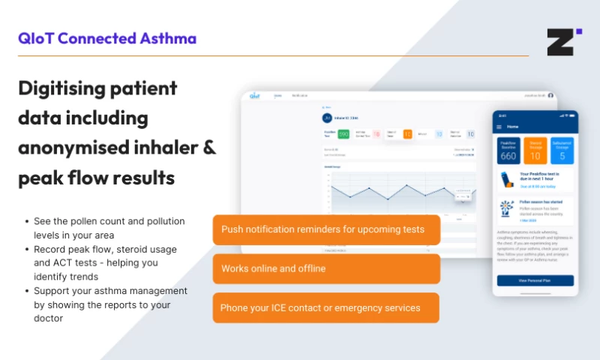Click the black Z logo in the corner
tap(559, 42)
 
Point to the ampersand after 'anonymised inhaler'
tap(209, 148)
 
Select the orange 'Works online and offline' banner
tap(326, 268)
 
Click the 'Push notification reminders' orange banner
tap(326, 229)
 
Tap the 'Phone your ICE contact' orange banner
tap(326, 307)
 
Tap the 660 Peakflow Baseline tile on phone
tap(508, 150)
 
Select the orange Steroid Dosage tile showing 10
tap(535, 150)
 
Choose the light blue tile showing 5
tap(562, 150)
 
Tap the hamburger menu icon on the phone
tap(500, 127)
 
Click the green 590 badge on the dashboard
tap(343, 134)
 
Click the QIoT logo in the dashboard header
tap(255, 96)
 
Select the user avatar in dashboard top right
tap(550, 96)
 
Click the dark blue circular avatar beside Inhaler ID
tap(326, 118)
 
